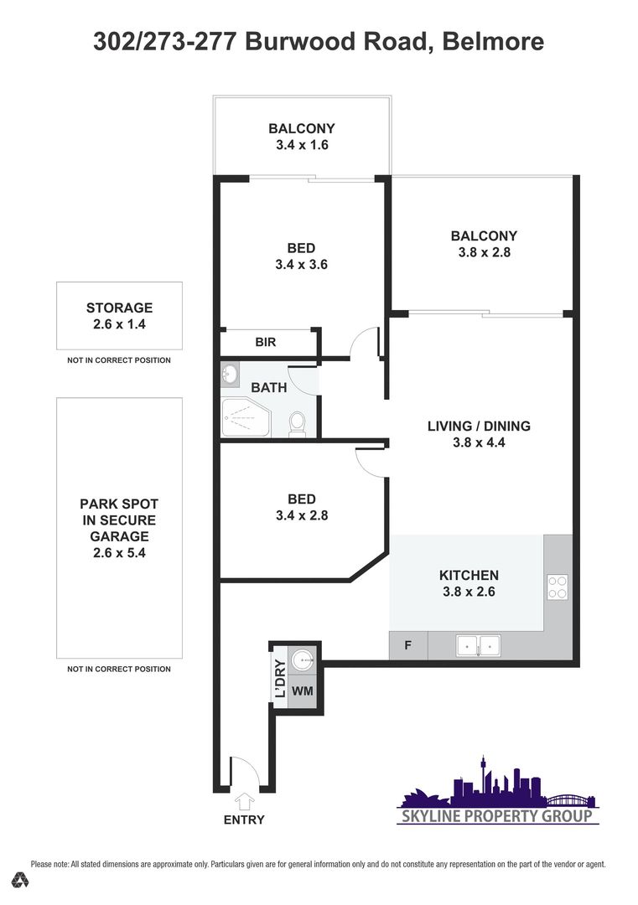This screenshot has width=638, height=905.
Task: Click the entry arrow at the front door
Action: [245, 802]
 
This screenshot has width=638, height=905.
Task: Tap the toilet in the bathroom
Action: [298, 424]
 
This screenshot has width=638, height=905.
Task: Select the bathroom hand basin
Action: [231, 375]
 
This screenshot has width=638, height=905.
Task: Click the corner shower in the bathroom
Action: [246, 417]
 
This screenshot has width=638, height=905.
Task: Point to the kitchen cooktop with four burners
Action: [558, 587]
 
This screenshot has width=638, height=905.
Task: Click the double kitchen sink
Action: [478, 645]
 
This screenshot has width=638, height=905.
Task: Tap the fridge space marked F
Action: [407, 645]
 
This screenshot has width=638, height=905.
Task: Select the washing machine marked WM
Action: [303, 690]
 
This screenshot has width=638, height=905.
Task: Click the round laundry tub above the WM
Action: [303, 659]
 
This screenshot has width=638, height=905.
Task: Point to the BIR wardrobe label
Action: [266, 342]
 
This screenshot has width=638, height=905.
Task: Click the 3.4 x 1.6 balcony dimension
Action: [302, 145]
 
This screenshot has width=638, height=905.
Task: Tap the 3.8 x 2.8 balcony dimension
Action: [485, 252]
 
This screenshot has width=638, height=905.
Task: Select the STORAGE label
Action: [120, 308]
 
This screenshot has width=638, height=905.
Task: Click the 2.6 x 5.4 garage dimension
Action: [120, 553]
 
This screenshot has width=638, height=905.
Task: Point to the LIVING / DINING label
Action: [480, 426]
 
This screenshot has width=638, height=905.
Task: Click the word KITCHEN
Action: [469, 575]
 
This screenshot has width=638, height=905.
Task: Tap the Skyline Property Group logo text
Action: [497, 815]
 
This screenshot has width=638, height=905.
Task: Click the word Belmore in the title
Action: [493, 42]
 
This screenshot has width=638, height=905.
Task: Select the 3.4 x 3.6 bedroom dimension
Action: [301, 264]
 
